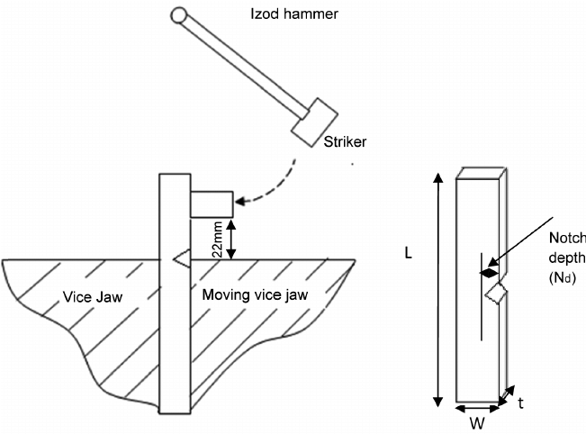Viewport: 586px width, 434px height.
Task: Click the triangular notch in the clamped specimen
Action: [x=180, y=258]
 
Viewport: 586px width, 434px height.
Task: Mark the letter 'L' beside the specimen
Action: [x=408, y=256]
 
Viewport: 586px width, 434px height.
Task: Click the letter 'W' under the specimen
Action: [x=480, y=422]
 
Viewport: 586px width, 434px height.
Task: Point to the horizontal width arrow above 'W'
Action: [x=479, y=409]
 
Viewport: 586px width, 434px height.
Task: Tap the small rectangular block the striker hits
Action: [x=211, y=203]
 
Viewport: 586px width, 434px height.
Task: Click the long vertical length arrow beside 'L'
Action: [x=438, y=288]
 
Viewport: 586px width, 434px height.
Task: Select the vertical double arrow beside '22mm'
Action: [x=231, y=239]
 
